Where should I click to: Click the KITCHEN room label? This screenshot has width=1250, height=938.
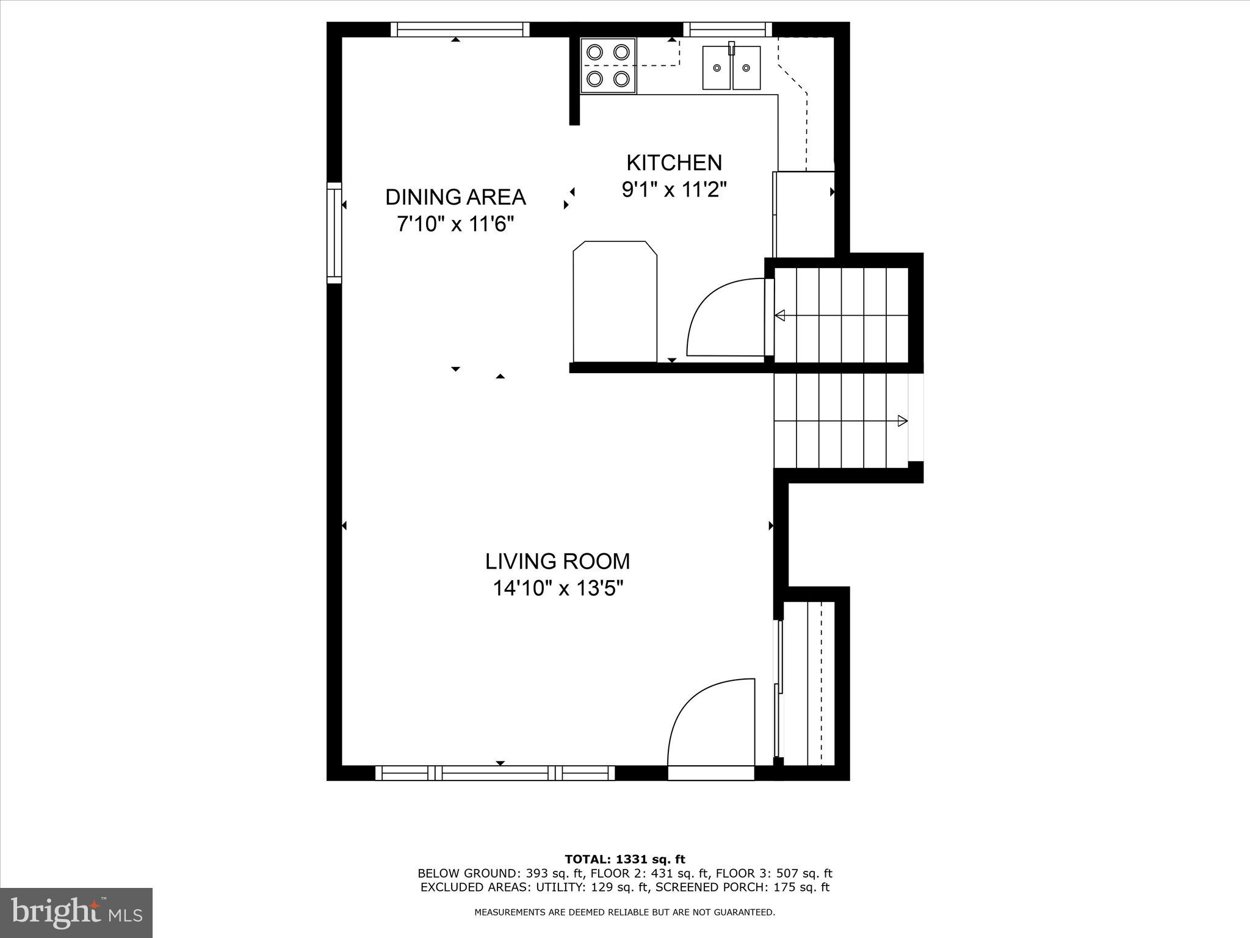click(x=674, y=163)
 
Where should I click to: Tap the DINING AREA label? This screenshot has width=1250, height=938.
click(x=455, y=197)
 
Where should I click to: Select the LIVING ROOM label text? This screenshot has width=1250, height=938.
click(x=557, y=561)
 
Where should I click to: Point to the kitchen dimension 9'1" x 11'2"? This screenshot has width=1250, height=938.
click(x=674, y=190)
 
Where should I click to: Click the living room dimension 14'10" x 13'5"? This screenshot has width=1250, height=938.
click(x=557, y=589)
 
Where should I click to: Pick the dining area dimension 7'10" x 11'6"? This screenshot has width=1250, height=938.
click(x=455, y=225)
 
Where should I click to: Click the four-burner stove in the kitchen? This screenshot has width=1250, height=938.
click(x=608, y=65)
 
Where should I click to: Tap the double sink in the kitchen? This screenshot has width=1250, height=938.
click(x=731, y=68)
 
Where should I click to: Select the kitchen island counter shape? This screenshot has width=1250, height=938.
click(x=615, y=301)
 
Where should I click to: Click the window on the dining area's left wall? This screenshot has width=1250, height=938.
click(x=334, y=233)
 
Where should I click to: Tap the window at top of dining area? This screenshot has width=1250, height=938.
click(x=460, y=29)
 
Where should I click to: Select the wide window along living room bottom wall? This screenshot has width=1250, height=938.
click(x=495, y=773)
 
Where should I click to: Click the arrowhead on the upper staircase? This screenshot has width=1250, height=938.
click(x=780, y=316)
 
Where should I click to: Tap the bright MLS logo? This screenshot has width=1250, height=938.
click(x=76, y=913)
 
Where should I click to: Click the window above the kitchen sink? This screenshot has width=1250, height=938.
click(x=727, y=29)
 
